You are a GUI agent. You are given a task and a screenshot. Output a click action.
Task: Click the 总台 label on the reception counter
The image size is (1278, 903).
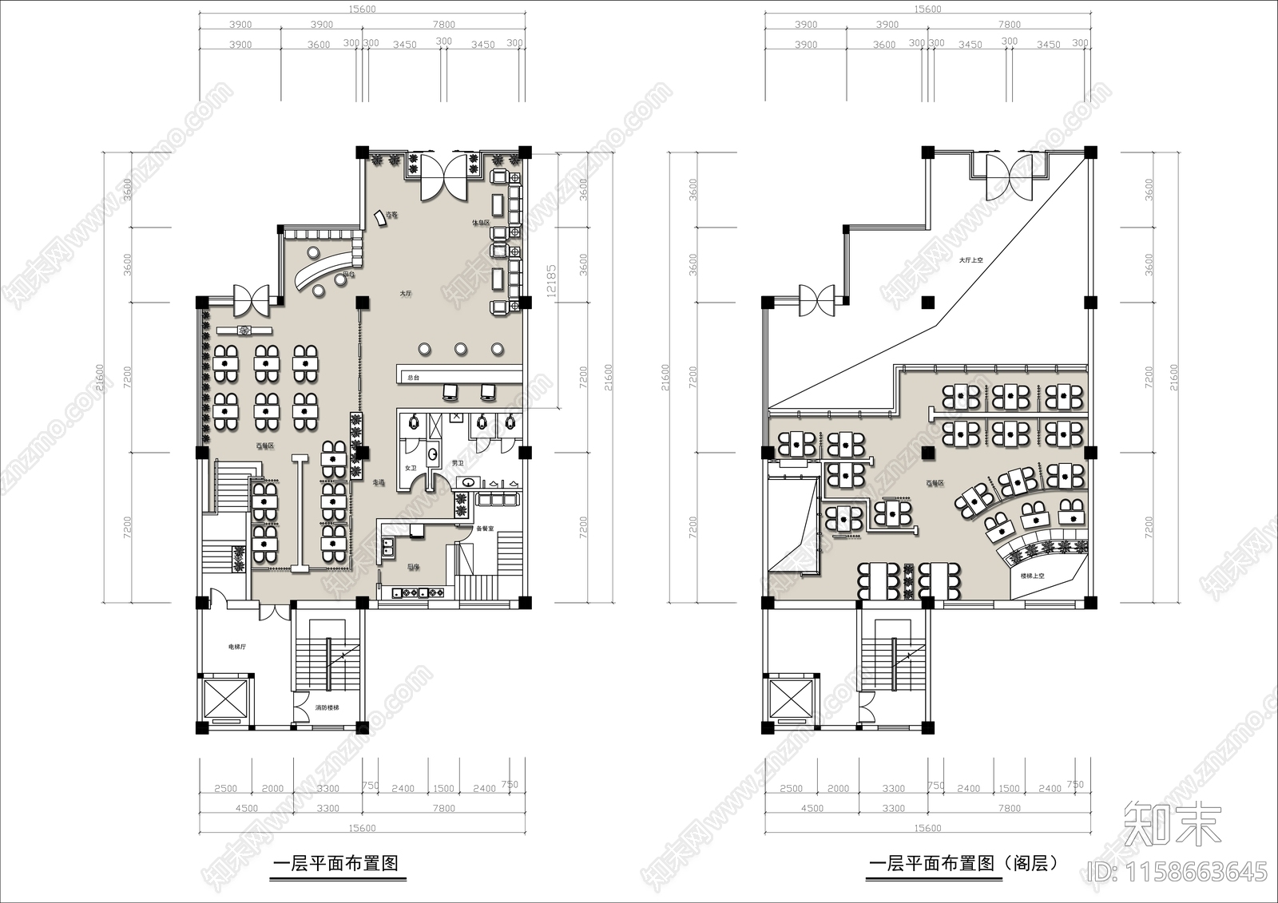413,378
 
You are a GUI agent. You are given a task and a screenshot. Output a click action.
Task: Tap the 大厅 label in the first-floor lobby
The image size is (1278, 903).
406,294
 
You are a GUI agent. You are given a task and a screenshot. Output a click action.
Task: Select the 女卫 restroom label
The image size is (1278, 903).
411,468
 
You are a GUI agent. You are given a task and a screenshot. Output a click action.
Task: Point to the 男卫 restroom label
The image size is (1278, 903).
458,463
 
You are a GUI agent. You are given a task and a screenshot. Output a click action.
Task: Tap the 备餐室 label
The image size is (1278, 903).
485,529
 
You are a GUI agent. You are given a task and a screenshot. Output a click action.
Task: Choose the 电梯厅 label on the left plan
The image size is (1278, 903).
236,648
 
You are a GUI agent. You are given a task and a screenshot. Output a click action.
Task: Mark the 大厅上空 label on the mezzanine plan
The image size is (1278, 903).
971,260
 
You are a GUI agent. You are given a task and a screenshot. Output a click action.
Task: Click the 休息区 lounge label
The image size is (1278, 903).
479,223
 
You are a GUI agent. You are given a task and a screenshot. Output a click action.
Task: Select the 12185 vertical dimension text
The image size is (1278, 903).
551,280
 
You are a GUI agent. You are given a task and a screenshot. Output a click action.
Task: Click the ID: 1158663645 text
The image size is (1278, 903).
1178,870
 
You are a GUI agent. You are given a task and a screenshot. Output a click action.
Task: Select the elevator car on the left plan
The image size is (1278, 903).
226,699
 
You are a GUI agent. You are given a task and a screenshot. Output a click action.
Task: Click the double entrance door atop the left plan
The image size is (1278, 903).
443,177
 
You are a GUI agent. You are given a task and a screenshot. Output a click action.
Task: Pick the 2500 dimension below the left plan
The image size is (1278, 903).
225,788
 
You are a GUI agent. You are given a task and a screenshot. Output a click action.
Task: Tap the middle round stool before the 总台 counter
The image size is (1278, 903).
461,348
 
